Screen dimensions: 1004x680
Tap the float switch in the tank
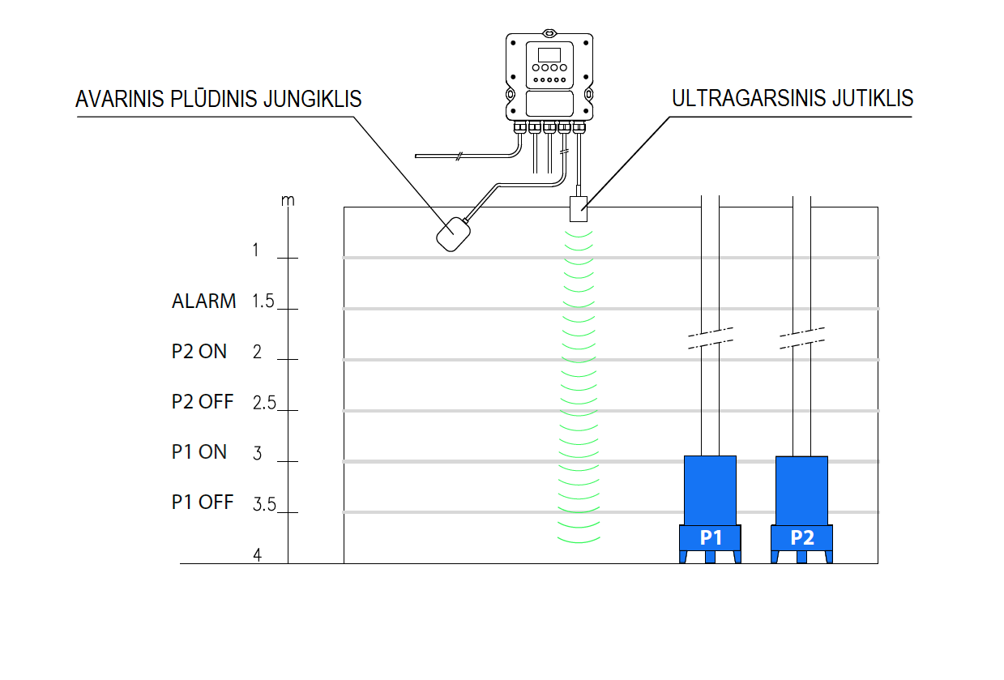coord(453,234)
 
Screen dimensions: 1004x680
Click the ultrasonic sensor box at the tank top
coord(579,209)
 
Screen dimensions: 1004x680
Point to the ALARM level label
coord(204,302)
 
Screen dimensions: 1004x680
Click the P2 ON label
coord(199,352)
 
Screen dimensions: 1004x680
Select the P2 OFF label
coord(203,402)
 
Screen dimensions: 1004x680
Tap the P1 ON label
coord(199,451)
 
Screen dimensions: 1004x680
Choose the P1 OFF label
coord(203,502)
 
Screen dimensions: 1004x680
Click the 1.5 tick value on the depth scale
coord(263,302)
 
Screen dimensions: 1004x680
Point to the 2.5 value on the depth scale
coord(264,403)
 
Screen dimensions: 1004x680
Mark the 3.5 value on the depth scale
coord(264,504)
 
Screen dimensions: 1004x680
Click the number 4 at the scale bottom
coord(257,555)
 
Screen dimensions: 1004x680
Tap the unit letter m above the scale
coord(288,200)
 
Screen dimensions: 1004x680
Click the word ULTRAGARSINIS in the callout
coord(749,99)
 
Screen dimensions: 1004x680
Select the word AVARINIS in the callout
coord(120,99)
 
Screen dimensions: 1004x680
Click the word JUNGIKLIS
coord(313,99)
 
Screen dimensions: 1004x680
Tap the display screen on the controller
coord(549,54)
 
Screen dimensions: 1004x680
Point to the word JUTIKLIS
coord(873,99)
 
